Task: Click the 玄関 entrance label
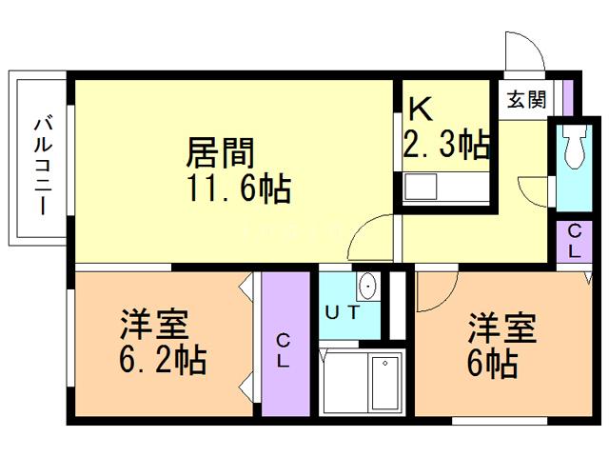tap(526, 97)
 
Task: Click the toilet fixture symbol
tap(573, 149)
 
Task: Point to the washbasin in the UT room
tap(367, 286)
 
